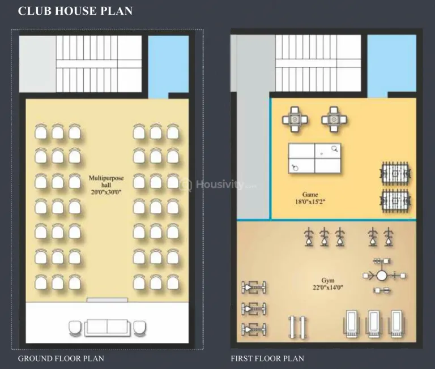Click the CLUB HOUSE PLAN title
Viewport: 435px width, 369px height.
(75, 11)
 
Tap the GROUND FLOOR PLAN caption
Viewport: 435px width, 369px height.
(61, 358)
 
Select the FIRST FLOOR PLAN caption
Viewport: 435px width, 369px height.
(267, 358)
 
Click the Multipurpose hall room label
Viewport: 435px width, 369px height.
(106, 181)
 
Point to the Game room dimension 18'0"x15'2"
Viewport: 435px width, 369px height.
(310, 201)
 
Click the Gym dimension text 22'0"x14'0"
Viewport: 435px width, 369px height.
(327, 288)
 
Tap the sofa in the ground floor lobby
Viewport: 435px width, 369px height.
(107, 328)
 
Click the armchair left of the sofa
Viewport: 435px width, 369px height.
(75, 328)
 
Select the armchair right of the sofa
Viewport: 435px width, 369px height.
(139, 328)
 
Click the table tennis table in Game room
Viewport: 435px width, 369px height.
(314, 158)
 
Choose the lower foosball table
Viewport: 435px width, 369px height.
(395, 200)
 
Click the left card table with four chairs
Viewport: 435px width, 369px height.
(295, 119)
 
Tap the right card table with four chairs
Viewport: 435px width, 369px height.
(334, 119)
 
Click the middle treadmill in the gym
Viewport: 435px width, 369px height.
(374, 324)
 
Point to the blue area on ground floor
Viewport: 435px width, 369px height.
(168, 67)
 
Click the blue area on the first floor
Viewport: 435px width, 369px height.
(391, 66)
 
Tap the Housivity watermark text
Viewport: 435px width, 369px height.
(219, 184)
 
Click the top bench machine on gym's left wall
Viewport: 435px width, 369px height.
(254, 288)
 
